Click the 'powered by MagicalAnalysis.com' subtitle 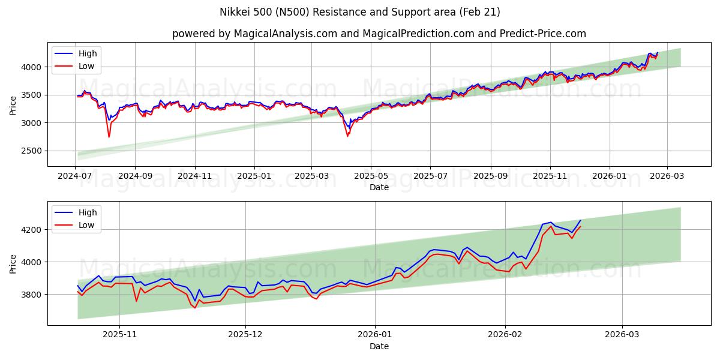tap(379, 34)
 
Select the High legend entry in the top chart tap(88, 53)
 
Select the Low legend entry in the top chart tap(86, 66)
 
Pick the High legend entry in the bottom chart tap(88, 212)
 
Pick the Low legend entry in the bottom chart tap(86, 225)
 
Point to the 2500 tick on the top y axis tap(34, 151)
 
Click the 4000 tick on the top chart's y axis tap(34, 67)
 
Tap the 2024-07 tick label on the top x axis tap(76, 176)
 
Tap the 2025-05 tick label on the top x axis tap(370, 176)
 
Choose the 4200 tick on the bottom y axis tap(34, 230)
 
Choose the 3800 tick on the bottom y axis tap(34, 295)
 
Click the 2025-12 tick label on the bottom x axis tap(246, 335)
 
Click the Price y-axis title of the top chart tap(13, 106)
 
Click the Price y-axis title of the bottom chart tap(13, 264)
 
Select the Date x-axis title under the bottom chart tap(379, 346)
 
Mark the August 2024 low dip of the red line tap(109, 137)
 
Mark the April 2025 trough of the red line tap(347, 136)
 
